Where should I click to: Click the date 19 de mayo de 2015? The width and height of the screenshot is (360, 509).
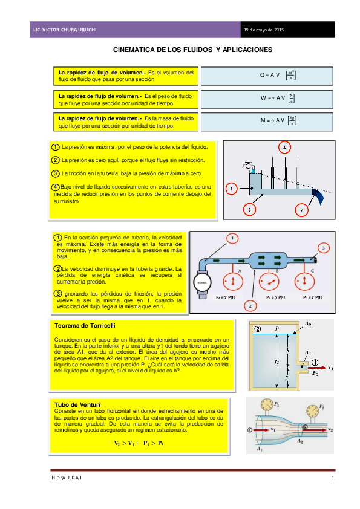263,30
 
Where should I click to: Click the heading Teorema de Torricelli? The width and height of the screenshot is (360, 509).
80,326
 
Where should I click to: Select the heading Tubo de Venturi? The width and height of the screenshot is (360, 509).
77,404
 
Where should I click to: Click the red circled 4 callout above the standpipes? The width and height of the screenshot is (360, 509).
284,147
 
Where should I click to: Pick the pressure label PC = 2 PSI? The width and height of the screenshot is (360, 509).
312,298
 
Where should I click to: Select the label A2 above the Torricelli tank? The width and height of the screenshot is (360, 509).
309,325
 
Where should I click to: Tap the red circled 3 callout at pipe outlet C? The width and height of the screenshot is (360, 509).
324,248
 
